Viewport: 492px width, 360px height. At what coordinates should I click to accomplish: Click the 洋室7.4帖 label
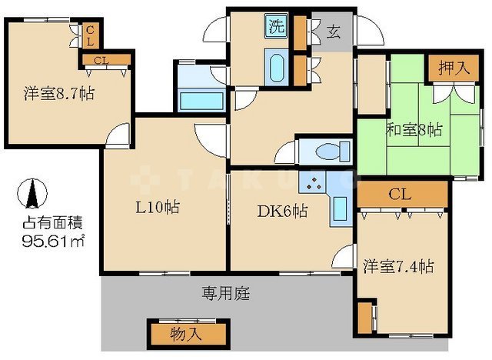click(x=398, y=268)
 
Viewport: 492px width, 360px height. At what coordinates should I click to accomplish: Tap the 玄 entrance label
click(x=334, y=32)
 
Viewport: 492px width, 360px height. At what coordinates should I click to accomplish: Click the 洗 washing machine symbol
click(x=275, y=26)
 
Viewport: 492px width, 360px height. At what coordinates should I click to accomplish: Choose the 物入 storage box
click(x=187, y=334)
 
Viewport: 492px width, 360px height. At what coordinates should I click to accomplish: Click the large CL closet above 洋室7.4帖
click(x=398, y=194)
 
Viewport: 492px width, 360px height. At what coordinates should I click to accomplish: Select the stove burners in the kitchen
click(x=314, y=184)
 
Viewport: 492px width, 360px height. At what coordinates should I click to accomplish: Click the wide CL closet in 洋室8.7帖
click(x=100, y=61)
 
